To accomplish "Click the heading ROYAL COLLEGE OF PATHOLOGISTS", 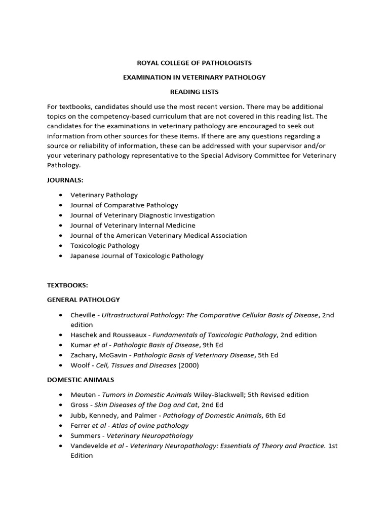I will point(194,63).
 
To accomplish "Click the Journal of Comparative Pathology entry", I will point(124,205).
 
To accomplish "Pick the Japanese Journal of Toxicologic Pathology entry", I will point(137,256).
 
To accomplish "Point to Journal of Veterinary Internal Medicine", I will point(133,226).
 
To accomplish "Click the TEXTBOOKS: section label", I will point(67,285).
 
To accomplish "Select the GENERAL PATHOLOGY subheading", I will point(84,300).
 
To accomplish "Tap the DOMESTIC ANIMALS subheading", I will point(81,380).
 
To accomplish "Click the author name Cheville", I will point(84,315).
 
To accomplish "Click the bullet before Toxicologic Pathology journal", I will point(61,246).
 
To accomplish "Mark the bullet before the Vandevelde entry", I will point(61,446).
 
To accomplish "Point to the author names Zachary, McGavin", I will point(98,355).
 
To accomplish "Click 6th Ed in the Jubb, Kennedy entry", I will point(275,416).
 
